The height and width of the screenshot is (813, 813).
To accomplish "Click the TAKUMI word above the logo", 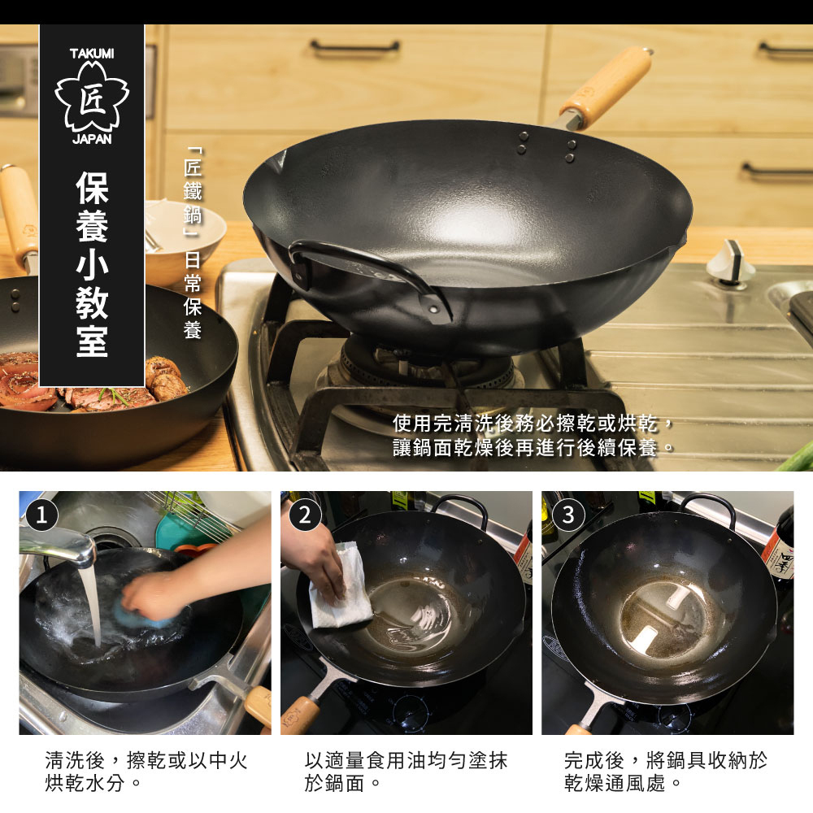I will (x=92, y=54).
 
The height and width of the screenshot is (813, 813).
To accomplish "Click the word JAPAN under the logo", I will (x=92, y=139).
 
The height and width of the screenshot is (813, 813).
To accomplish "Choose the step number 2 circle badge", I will (x=305, y=515).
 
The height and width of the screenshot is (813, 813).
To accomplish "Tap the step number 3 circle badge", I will (x=567, y=515).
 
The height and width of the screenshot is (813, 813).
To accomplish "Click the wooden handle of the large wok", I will (x=606, y=85).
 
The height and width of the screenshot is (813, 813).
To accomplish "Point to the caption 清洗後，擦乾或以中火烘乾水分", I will (x=146, y=772).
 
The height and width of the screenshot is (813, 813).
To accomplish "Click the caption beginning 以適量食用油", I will (x=406, y=772).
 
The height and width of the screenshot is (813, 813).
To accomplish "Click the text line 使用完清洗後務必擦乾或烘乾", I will (x=533, y=424).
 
